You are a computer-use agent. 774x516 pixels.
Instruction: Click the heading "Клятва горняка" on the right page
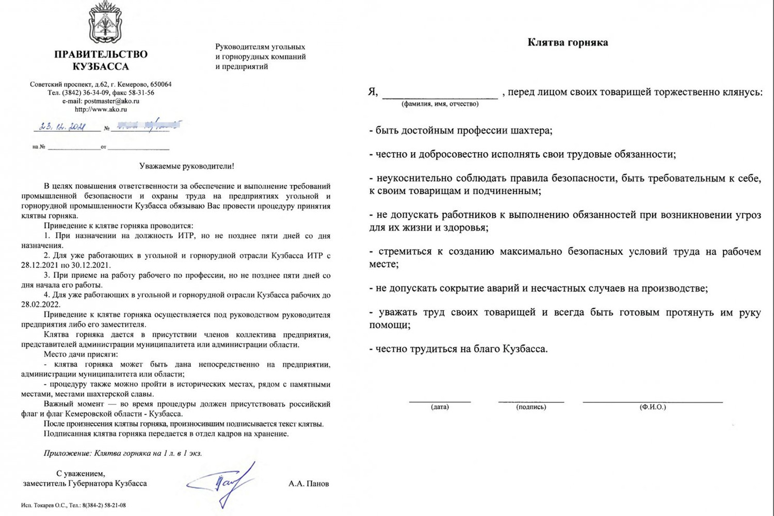[568, 42]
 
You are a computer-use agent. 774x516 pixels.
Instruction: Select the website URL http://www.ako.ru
[101, 109]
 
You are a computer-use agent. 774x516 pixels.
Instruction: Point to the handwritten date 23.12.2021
[62, 126]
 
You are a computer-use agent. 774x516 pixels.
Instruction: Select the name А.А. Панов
[309, 484]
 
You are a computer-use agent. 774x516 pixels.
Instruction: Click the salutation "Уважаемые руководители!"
[186, 166]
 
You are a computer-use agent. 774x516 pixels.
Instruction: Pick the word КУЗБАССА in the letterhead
[101, 67]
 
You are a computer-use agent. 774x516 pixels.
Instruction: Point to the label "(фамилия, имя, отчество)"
[440, 104]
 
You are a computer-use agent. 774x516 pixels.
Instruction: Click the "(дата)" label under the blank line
[440, 407]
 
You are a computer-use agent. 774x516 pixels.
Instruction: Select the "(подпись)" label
[531, 407]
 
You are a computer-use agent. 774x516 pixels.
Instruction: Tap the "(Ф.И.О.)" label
[653, 407]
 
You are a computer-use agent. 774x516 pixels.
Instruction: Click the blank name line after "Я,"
[440, 93]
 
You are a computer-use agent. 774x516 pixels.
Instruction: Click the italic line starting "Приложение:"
[123, 454]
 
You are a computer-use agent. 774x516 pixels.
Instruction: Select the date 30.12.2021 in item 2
[92, 265]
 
